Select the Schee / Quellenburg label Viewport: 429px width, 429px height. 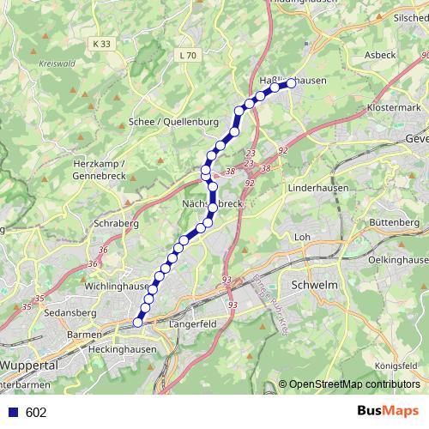(x=173, y=123)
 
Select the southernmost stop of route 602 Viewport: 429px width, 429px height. (x=137, y=323)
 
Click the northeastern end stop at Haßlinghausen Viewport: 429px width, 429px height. (x=291, y=82)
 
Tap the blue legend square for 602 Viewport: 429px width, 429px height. (x=12, y=413)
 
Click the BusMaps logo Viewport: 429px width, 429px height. (x=389, y=411)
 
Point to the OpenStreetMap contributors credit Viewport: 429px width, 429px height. (x=353, y=384)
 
